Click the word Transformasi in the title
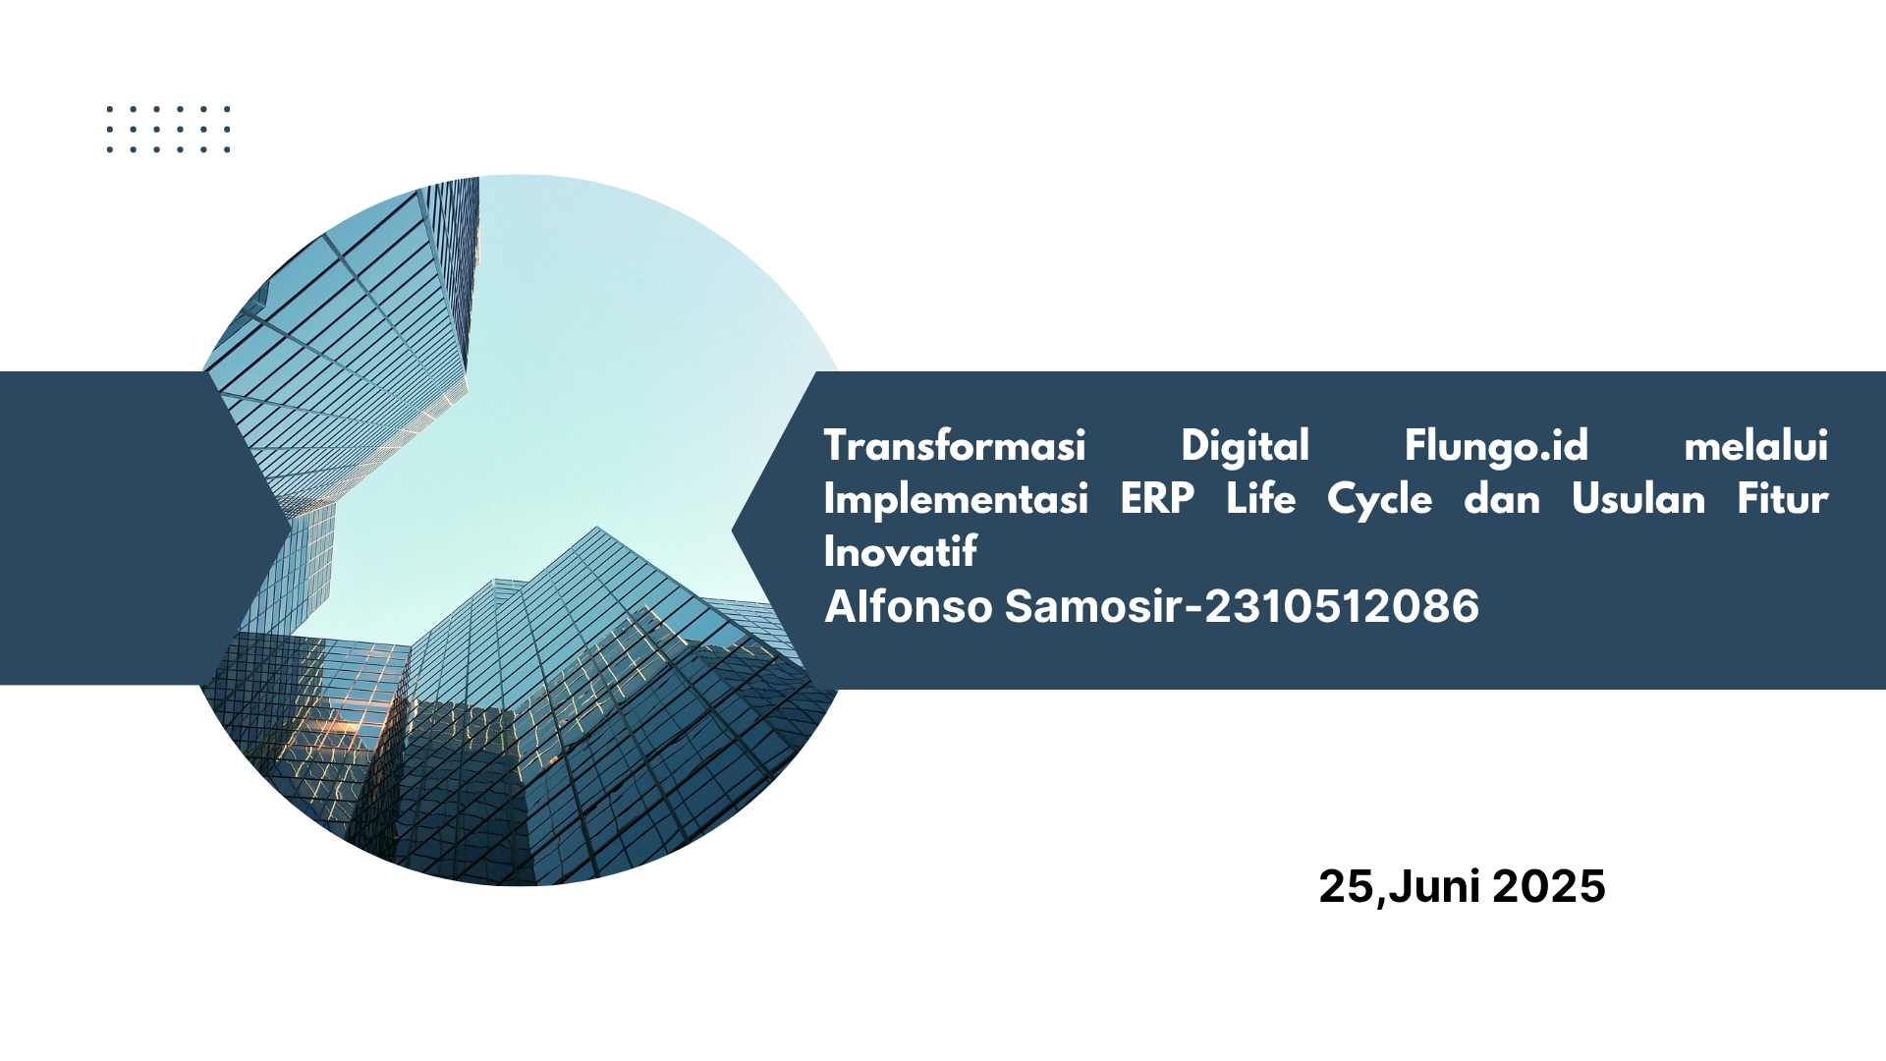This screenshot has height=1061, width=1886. [x=955, y=446]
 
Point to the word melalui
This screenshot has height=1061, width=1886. [x=1756, y=446]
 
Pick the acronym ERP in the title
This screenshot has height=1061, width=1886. [x=1157, y=499]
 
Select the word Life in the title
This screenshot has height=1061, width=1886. [x=1261, y=498]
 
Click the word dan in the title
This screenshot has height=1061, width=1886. [x=1502, y=499]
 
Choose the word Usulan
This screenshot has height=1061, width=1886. [x=1638, y=499]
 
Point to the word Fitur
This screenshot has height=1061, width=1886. [x=1783, y=498]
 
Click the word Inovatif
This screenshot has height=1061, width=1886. [x=901, y=551]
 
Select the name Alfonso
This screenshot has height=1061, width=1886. [x=909, y=606]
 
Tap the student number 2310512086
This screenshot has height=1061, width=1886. [x=1342, y=607]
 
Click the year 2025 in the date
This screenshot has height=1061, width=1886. [x=1549, y=886]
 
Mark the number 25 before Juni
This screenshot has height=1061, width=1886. [x=1347, y=886]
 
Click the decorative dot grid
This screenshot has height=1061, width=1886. [x=168, y=130]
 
